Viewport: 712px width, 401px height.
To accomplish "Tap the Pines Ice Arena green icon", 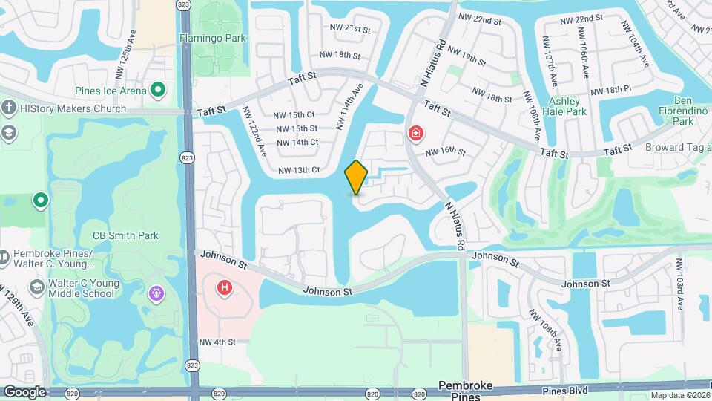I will point(157,91).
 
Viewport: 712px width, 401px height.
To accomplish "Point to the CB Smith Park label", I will point(125,236).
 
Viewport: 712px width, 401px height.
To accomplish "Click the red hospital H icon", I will point(224,287).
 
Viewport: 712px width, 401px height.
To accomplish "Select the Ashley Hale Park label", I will point(567,106).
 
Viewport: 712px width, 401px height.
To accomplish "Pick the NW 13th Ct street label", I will point(298,170).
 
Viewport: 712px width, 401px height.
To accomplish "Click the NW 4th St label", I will point(217,342).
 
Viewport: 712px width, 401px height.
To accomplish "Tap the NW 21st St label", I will point(352,29).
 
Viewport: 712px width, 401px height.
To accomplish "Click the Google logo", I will point(24,391).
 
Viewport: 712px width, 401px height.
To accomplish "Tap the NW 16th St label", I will point(445,152).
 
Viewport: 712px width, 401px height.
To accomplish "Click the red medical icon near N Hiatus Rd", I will point(416,134).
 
